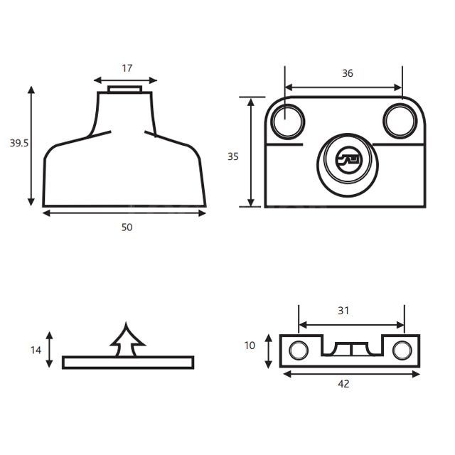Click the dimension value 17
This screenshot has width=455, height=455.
127,69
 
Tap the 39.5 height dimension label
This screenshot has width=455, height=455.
19,143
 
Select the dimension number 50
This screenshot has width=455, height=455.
127,227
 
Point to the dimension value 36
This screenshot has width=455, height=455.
348,73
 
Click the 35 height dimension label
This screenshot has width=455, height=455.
233,156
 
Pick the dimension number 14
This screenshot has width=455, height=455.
36,350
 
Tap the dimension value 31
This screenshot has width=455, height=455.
343,311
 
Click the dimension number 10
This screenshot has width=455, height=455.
250,346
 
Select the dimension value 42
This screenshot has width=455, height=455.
343,384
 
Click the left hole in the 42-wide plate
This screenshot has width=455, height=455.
296,349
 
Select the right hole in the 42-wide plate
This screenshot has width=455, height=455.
402,349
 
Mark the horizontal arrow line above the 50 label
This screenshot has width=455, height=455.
124,213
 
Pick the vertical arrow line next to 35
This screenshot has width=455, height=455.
251,152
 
